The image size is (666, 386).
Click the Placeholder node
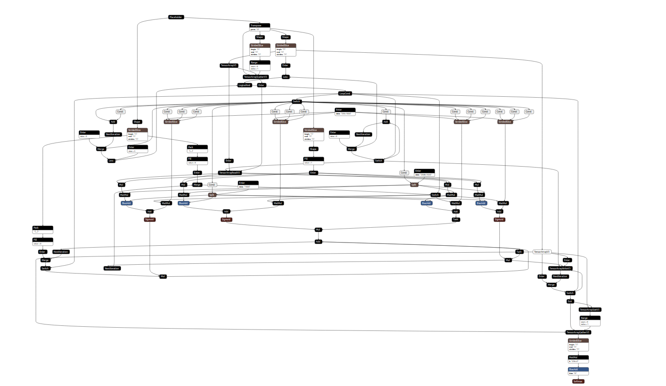176,17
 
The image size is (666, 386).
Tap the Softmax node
578,381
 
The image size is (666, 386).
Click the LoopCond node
345,93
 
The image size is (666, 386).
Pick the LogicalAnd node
244,85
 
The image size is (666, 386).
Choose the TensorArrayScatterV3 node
255,77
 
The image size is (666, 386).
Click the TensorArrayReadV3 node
230,173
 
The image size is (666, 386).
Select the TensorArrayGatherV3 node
579,332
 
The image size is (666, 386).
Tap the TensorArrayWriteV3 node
560,268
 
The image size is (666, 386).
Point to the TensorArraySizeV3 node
590,310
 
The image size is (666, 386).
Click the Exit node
570,301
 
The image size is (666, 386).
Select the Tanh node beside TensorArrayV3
519,252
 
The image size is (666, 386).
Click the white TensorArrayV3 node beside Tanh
542,252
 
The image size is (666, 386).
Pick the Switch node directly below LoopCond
297,101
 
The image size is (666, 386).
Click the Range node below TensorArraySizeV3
590,318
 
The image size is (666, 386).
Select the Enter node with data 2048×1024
424,171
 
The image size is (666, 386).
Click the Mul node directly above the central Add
318,230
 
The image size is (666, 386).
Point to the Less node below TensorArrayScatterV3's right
286,77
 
